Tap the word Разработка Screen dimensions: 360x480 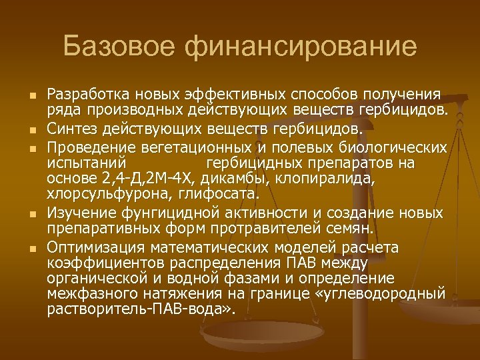point(87,94)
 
